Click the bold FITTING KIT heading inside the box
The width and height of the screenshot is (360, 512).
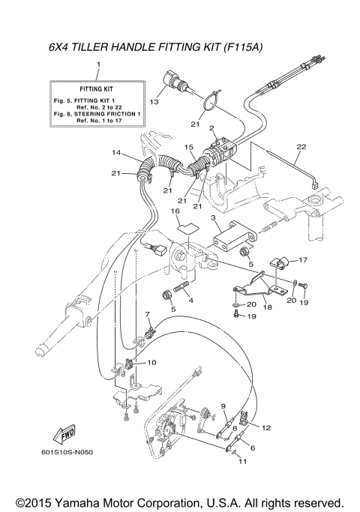point(97,88)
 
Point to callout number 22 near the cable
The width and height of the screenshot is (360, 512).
point(301,146)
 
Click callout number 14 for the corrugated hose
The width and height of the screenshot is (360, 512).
point(117,152)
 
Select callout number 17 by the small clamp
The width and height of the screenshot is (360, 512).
point(304,259)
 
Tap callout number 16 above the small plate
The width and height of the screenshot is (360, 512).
point(175,211)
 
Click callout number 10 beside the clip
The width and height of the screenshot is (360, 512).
point(151,362)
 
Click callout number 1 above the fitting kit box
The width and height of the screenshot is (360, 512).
point(97,66)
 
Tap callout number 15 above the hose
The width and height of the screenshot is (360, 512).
point(190,147)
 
